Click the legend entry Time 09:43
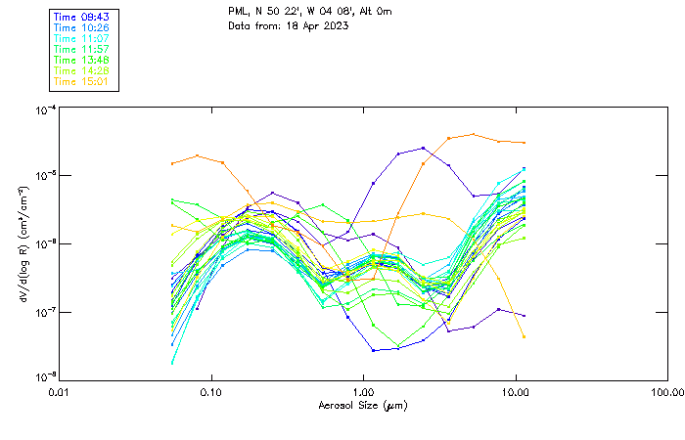pyautogui.click(x=82, y=17)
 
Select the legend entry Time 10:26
pyautogui.click(x=82, y=27)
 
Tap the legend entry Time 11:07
pyautogui.click(x=82, y=38)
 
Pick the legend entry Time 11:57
pyautogui.click(x=82, y=49)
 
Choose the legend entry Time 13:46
pyautogui.click(x=82, y=60)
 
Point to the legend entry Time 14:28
pyautogui.click(x=82, y=70)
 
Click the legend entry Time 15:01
pyautogui.click(x=82, y=81)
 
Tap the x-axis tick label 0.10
pyautogui.click(x=211, y=392)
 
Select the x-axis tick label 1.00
pyautogui.click(x=363, y=392)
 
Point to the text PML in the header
pyautogui.click(x=238, y=12)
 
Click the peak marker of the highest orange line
pyautogui.click(x=474, y=134)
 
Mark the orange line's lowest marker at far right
pyautogui.click(x=524, y=336)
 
